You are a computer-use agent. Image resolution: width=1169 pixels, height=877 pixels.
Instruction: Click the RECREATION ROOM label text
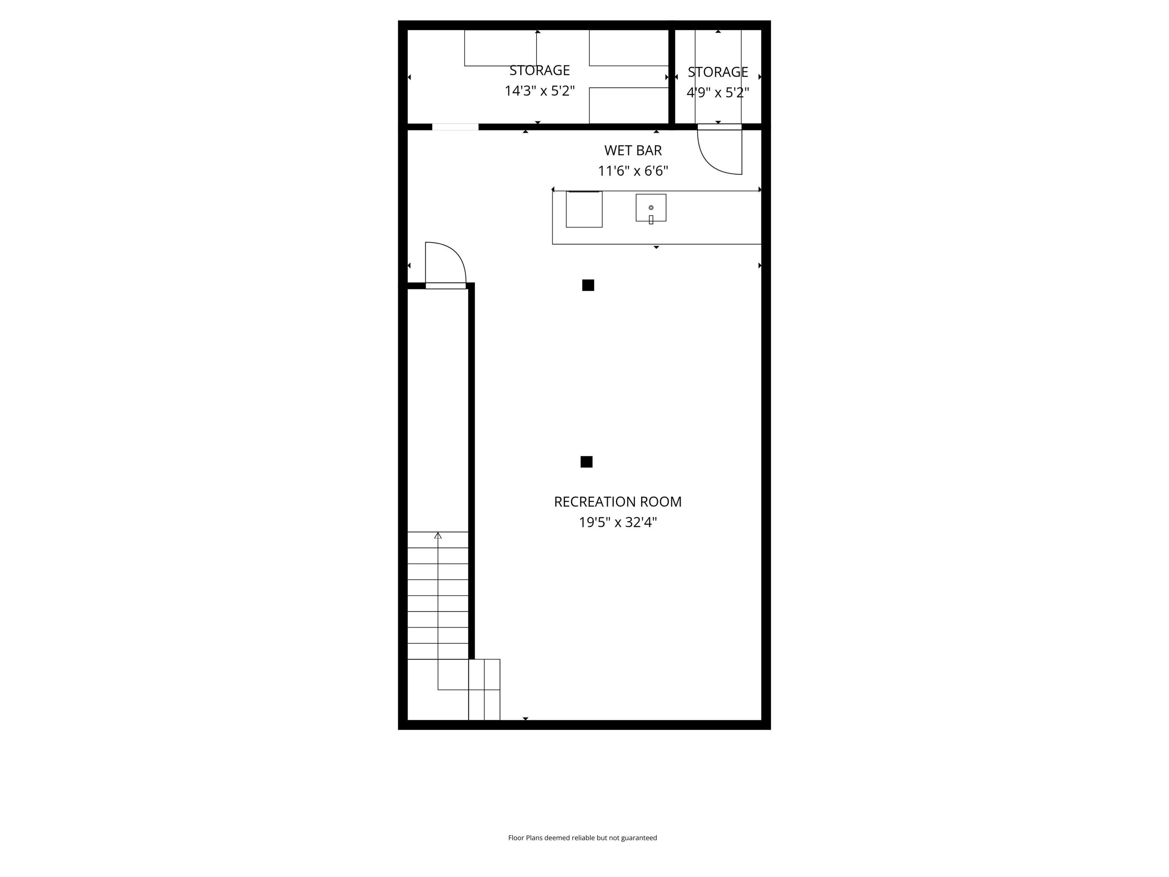point(617,502)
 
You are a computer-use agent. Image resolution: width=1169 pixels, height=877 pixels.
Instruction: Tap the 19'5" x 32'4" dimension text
point(617,522)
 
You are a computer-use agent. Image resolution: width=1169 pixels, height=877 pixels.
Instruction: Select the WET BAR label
point(632,151)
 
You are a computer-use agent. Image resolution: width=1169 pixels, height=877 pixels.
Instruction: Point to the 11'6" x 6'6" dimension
point(632,171)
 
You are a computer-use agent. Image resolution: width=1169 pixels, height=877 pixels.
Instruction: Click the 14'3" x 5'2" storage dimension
point(539,91)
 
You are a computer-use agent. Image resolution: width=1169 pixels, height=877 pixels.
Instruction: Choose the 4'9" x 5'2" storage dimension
point(718,93)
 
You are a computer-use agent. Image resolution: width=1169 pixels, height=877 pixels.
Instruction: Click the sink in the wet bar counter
point(651,207)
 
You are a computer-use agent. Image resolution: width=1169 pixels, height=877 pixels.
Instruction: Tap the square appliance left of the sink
point(584,209)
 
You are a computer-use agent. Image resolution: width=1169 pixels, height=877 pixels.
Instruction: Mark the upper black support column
point(588,285)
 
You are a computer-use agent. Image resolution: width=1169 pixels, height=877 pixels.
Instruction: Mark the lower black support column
point(586,461)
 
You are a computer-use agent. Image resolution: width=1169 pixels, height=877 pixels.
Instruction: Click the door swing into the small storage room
point(721,153)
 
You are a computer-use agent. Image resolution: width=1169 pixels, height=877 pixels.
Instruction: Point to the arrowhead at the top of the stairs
point(438,536)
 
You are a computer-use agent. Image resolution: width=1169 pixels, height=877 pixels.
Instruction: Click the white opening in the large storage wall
point(455,127)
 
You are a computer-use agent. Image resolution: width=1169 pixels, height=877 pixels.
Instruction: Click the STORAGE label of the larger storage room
point(539,70)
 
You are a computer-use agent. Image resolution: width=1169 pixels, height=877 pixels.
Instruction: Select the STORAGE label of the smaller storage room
point(718,72)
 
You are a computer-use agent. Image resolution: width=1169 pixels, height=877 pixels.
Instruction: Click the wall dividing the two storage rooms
point(672,77)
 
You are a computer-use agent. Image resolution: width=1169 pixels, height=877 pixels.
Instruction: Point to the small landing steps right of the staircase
point(484,689)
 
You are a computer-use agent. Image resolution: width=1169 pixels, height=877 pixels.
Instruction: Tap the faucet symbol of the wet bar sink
point(651,219)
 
